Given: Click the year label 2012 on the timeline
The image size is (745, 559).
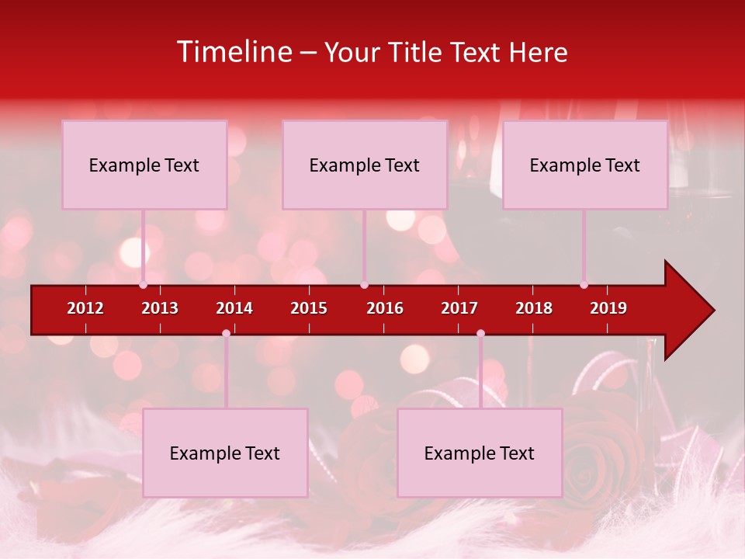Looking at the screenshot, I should [x=85, y=308].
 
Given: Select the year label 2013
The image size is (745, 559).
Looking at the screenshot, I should [x=160, y=308].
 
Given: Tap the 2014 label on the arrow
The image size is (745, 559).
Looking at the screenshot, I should [x=234, y=308].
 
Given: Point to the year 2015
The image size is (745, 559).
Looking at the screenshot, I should [x=309, y=308].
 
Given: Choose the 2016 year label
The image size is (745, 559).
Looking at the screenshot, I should [x=385, y=308].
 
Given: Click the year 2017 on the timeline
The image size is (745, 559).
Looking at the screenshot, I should [x=459, y=308].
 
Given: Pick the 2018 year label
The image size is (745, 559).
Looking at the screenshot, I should [x=534, y=308].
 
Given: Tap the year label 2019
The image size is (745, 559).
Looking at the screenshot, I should [x=608, y=308].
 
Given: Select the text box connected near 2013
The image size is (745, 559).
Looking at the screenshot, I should [x=144, y=165].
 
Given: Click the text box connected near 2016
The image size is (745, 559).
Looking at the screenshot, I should [x=365, y=165].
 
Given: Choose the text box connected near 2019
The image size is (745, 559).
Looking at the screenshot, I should [x=585, y=165].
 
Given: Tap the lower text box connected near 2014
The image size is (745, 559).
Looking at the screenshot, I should [x=225, y=453].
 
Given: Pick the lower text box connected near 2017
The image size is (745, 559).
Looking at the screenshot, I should [x=480, y=453].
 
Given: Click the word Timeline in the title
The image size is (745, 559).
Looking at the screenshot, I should [x=235, y=52].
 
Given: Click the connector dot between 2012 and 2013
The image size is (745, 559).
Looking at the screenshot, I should [x=143, y=285].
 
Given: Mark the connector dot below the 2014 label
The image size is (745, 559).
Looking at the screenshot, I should [x=226, y=334].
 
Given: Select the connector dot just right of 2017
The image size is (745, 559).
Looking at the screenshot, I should [x=480, y=334].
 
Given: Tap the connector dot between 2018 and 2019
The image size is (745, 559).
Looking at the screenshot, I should [x=584, y=285].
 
